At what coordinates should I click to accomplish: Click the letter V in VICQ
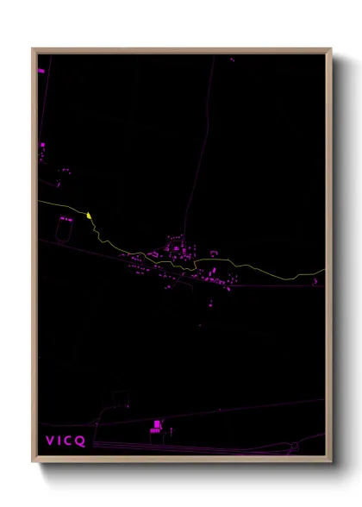50,441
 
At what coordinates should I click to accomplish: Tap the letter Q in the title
81,441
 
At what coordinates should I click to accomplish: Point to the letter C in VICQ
71,441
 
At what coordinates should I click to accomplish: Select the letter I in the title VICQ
60,441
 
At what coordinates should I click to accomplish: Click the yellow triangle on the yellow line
89,215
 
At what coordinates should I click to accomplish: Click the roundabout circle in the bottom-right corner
295,446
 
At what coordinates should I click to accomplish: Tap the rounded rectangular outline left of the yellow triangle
66,229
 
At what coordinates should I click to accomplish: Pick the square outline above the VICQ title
119,399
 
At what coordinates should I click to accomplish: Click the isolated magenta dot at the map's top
232,59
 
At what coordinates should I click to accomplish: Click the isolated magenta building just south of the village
209,304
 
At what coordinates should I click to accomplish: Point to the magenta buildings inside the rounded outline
66,219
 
